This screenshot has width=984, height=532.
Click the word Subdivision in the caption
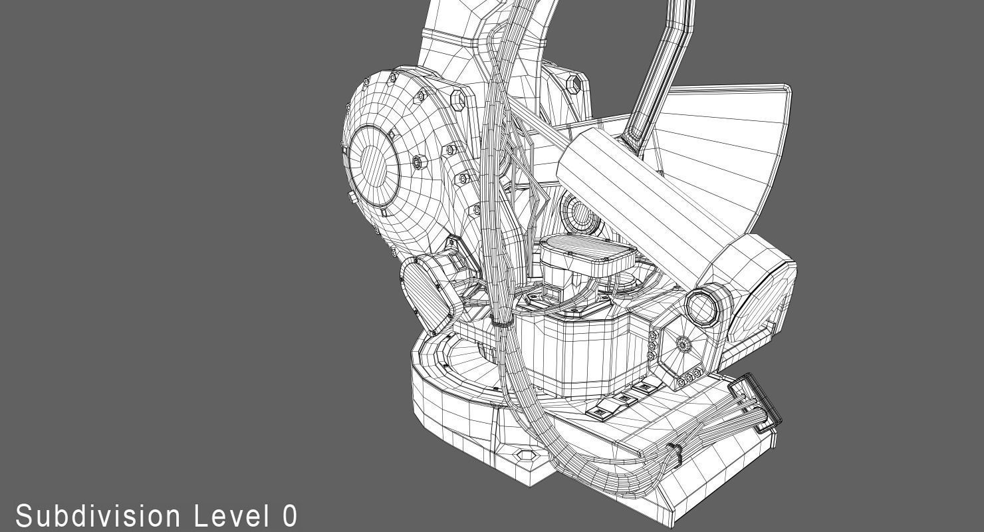click(x=98, y=517)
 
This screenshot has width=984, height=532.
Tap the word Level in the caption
click(x=231, y=516)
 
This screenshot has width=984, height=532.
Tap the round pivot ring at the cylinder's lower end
click(x=702, y=306)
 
